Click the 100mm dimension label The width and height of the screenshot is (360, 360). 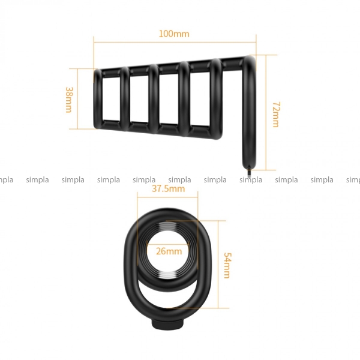174,34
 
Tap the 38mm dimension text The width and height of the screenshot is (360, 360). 69,100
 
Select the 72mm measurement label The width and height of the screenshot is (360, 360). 276,115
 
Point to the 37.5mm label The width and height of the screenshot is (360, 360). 168,189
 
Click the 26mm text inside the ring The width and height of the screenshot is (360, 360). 169,251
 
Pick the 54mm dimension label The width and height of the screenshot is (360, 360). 227,266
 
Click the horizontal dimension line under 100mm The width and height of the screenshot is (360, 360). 175,42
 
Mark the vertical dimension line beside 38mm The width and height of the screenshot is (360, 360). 78,99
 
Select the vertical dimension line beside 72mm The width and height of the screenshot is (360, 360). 266,113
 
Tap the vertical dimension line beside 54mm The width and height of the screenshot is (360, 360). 218,264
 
